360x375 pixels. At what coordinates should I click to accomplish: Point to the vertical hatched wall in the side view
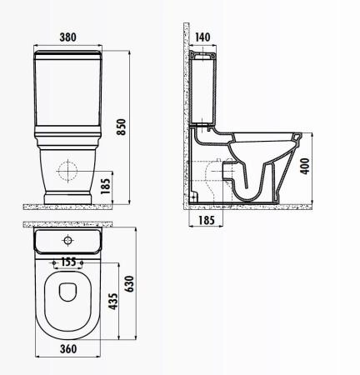[x=185, y=117]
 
